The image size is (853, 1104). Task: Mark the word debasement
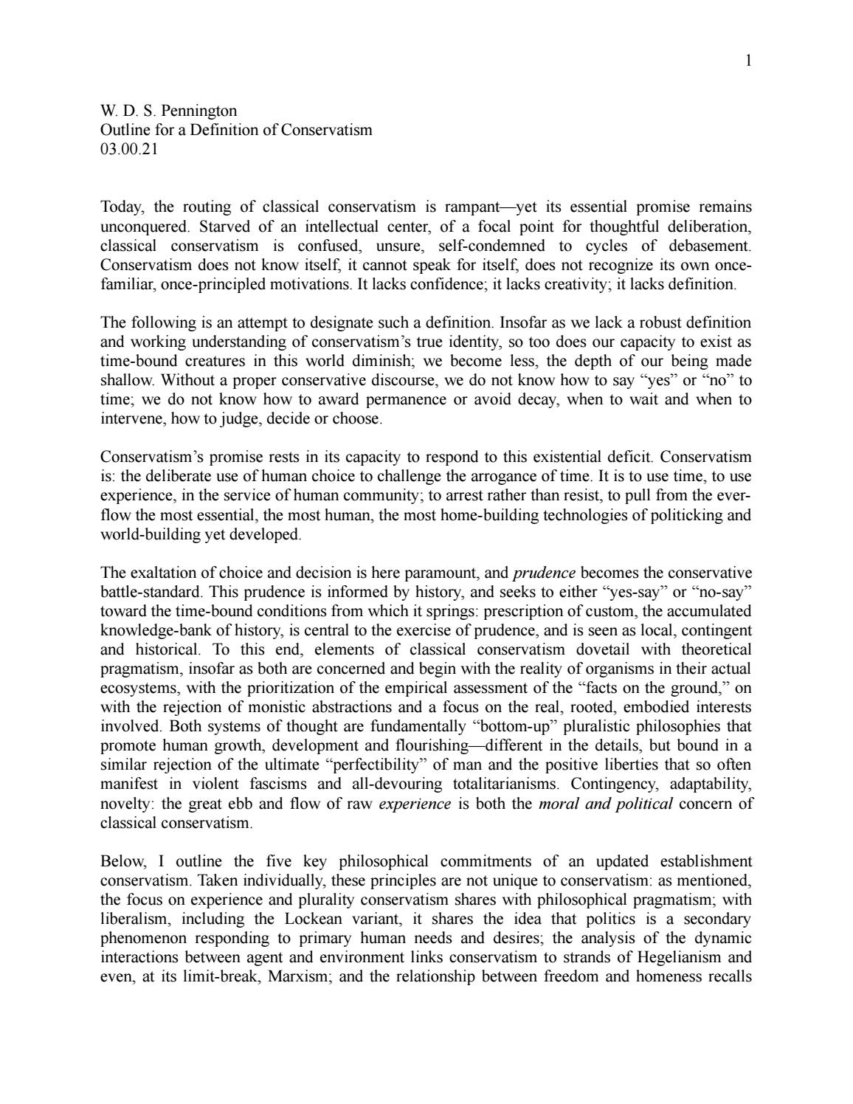click(710, 245)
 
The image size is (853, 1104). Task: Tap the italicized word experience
click(414, 804)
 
